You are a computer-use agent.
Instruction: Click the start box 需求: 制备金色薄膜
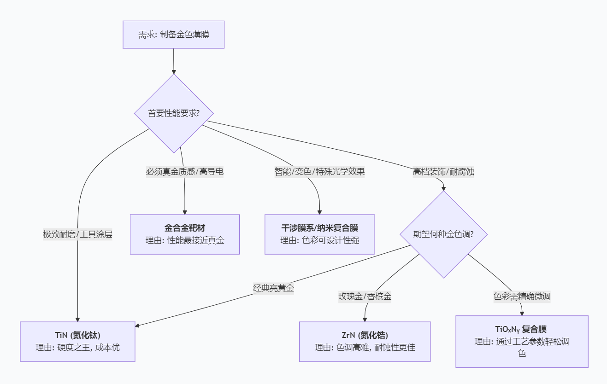[x=173, y=35]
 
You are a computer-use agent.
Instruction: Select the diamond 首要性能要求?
[x=173, y=113]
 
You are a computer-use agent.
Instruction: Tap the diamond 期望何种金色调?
[x=443, y=234]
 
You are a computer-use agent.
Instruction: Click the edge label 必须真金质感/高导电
[x=185, y=172]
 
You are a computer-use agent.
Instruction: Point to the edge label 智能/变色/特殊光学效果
[x=319, y=172]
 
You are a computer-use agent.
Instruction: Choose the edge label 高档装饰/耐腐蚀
[x=443, y=172]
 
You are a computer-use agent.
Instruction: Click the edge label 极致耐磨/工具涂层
[x=77, y=234]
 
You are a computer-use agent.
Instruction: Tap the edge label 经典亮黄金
[x=274, y=288]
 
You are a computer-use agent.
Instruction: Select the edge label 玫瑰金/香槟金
[x=365, y=297]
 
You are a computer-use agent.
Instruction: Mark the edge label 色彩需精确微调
[x=522, y=297]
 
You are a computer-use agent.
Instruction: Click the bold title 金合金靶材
[x=184, y=228]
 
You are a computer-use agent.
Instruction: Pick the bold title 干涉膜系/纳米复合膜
[x=319, y=228]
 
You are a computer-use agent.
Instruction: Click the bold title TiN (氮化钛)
[x=77, y=335]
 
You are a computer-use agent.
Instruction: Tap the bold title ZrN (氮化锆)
[x=365, y=335]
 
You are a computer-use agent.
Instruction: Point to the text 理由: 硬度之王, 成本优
[x=77, y=348]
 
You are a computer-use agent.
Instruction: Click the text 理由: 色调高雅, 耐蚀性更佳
[x=365, y=348]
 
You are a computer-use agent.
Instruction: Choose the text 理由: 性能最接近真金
[x=184, y=240]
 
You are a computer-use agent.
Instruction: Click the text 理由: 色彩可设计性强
[x=319, y=240]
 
